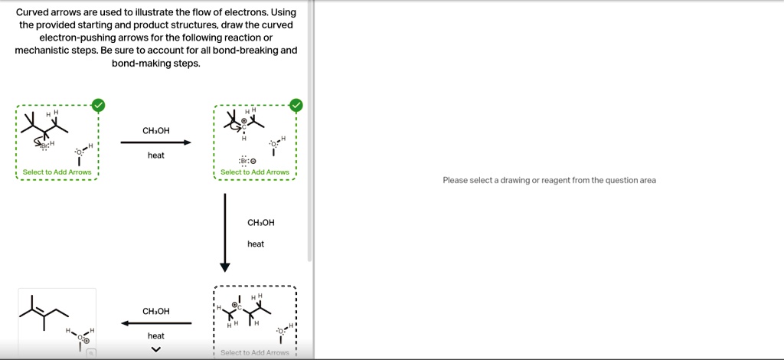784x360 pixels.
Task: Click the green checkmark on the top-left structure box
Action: (97, 105)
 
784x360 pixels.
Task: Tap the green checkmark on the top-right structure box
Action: (296, 106)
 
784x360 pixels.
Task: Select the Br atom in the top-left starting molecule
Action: (44, 146)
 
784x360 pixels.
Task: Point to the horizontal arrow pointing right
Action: (155, 142)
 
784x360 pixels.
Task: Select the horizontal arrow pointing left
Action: (155, 323)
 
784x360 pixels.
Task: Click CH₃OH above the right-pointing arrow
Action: (155, 131)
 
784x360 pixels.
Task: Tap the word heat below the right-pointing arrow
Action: (155, 155)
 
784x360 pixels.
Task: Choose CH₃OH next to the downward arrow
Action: (260, 223)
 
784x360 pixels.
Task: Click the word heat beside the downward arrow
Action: (256, 244)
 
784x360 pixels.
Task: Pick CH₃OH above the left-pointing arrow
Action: (155, 312)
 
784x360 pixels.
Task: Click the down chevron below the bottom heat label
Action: (156, 350)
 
